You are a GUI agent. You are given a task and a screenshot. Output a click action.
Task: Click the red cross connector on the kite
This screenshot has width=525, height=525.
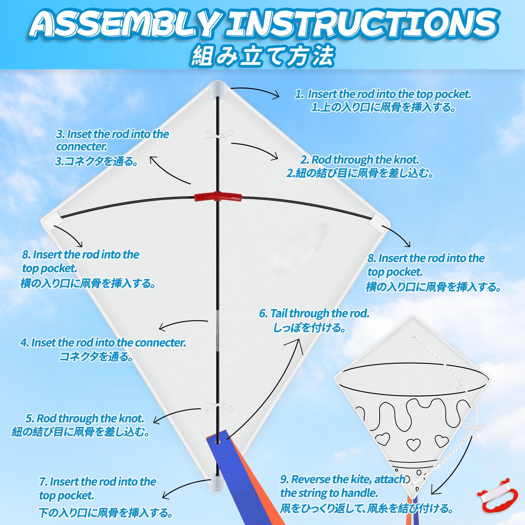coord(218,197)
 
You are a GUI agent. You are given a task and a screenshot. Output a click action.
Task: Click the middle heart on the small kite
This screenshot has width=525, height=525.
coord(413,444)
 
